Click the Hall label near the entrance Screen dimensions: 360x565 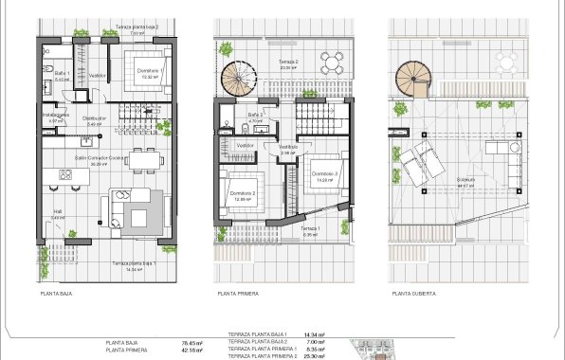[56, 212]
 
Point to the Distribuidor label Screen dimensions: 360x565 [94, 118]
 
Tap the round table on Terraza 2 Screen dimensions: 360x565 [329, 63]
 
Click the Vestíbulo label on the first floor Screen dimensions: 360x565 [287, 147]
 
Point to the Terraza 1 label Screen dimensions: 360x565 [312, 228]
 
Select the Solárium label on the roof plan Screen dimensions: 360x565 [465, 179]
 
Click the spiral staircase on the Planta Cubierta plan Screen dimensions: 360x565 [412, 78]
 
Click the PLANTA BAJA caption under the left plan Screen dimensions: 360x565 [57, 294]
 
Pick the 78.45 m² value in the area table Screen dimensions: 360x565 [179, 343]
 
